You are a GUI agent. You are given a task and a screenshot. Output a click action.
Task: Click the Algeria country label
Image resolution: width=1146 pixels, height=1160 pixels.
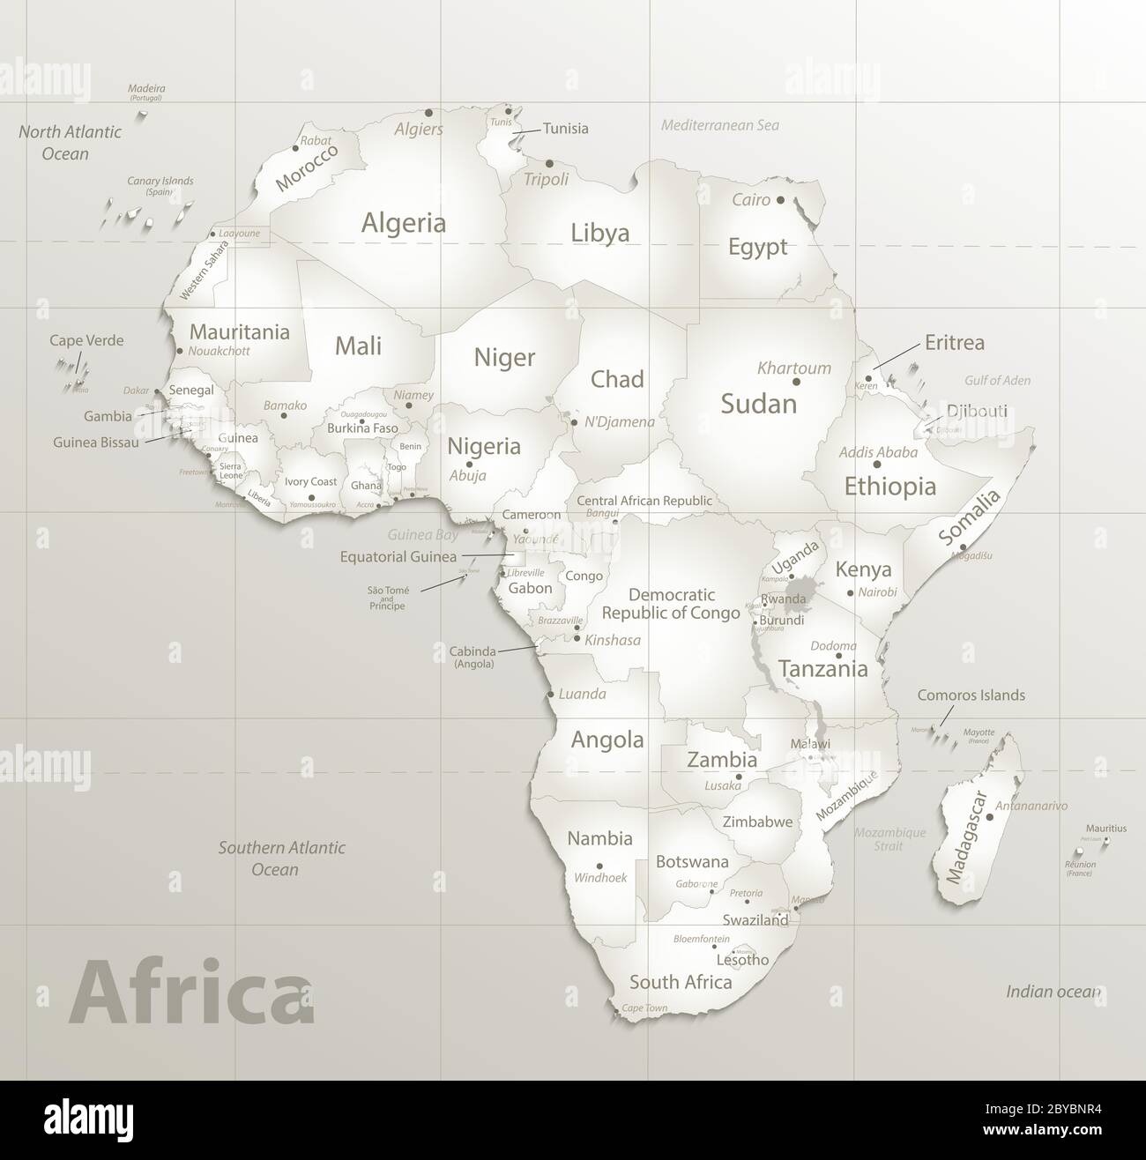[404, 223]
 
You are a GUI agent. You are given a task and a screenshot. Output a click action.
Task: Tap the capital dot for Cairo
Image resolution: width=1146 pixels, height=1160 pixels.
[780, 200]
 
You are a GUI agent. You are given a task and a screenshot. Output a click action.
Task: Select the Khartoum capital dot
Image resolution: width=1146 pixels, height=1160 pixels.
[796, 382]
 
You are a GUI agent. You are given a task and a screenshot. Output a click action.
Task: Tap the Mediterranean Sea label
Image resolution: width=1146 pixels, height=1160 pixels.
[720, 125]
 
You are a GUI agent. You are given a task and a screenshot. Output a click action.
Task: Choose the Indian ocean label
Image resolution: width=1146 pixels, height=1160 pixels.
[1053, 992]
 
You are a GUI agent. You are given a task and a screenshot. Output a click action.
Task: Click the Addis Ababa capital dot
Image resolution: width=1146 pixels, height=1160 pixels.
[877, 464]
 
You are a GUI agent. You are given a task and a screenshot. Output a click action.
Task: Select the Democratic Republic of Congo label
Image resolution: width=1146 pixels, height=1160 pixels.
[671, 604]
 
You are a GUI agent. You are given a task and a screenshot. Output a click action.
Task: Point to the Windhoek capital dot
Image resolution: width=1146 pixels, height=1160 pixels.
[599, 866]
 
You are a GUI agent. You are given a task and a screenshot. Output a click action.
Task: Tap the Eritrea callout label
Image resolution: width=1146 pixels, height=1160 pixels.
[955, 343]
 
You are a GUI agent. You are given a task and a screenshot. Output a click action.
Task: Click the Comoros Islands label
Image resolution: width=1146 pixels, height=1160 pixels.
[971, 695]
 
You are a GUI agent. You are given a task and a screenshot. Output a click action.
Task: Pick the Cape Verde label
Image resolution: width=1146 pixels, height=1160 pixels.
[86, 340]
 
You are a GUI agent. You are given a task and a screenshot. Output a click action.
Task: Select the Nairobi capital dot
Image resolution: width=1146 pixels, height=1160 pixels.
[850, 593]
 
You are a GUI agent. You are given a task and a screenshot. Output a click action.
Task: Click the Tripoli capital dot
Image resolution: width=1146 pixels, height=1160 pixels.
[549, 164]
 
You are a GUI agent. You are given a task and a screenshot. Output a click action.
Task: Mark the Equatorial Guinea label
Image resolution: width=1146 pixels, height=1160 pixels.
[398, 556]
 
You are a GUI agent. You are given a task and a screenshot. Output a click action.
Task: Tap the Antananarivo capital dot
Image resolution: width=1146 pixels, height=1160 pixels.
[990, 817]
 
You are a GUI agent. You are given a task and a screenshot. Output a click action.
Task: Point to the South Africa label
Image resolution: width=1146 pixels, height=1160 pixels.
[681, 982]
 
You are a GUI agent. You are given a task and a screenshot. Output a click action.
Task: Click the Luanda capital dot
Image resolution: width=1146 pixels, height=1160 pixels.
[551, 695]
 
